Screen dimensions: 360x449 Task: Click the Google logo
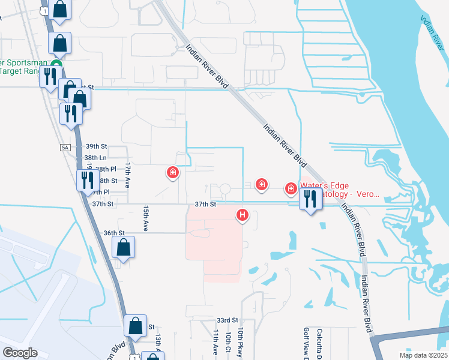[20, 352]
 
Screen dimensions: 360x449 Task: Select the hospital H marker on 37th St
[243, 214]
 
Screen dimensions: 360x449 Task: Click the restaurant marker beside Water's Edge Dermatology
[310, 199]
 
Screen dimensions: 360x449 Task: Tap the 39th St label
[95, 146]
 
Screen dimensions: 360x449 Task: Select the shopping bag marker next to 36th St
[123, 247]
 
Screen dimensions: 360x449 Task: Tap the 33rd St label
[228, 320]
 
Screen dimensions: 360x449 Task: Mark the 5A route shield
[65, 147]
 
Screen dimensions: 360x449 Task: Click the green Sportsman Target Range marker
[57, 65]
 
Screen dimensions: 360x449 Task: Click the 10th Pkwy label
[240, 343]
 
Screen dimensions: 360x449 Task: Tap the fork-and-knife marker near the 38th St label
[88, 179]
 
